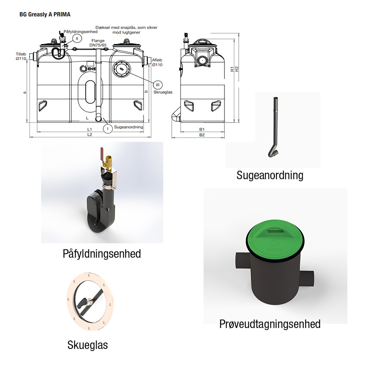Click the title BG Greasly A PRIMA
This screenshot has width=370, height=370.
(x=45, y=14)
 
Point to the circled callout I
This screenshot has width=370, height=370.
(x=108, y=129)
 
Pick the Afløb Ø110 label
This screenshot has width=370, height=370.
(x=157, y=62)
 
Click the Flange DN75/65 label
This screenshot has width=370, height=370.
(x=98, y=43)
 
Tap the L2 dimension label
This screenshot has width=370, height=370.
(x=90, y=135)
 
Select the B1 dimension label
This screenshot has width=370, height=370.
(x=202, y=129)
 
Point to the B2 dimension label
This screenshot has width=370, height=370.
(x=202, y=135)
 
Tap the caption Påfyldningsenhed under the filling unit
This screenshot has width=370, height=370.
(x=102, y=254)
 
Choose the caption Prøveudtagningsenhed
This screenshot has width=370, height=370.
(x=270, y=324)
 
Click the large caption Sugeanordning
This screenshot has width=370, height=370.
(x=270, y=176)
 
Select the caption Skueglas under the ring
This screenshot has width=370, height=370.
(x=88, y=345)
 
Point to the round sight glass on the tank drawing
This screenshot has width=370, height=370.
(x=122, y=69)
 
